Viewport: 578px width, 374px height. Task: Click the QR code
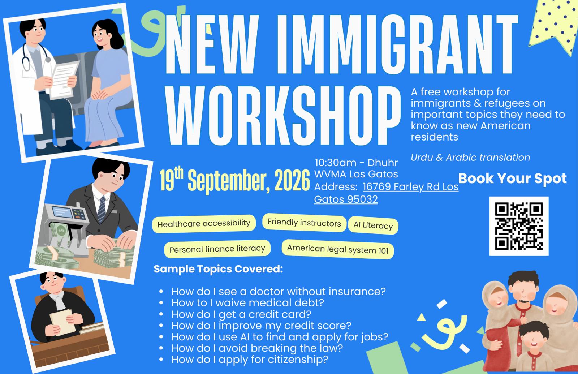[519, 226]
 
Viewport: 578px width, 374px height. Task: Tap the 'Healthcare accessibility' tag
[204, 224]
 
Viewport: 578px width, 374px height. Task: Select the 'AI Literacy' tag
[373, 225]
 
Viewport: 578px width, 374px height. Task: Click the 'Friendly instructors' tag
[304, 223]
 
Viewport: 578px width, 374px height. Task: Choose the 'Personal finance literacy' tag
[217, 249]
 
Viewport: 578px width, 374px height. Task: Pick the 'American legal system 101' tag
[338, 249]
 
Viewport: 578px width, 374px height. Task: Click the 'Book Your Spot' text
[513, 179]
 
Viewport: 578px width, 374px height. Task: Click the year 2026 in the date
[292, 180]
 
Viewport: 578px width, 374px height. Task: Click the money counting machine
[66, 227]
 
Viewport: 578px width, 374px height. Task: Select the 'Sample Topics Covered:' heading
[218, 269]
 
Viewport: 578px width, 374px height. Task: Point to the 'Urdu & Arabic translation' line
[470, 158]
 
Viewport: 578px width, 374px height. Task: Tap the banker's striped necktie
[102, 209]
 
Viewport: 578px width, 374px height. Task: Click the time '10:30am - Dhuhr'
[356, 163]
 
